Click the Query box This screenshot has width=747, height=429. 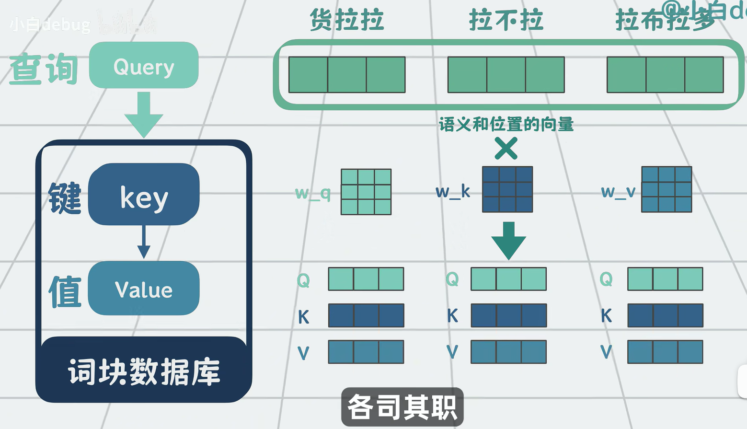144,65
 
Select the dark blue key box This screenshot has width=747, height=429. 144,195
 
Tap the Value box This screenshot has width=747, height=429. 144,288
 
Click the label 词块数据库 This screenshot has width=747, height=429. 144,372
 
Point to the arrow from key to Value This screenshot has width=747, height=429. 144,243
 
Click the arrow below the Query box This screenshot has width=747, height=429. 144,115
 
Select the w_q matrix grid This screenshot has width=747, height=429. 366,192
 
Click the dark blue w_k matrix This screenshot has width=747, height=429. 507,189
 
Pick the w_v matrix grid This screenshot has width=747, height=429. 667,189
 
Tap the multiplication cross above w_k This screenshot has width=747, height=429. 506,148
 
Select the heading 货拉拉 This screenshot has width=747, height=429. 346,21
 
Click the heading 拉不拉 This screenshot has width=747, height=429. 506,21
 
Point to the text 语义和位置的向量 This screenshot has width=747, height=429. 506,125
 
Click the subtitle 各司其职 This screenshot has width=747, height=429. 402,407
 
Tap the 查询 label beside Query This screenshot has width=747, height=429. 44,69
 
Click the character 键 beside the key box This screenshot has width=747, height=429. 65,197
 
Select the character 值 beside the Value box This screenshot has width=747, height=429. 65,291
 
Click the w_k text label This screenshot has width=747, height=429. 453,192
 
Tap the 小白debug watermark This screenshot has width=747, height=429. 50,24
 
